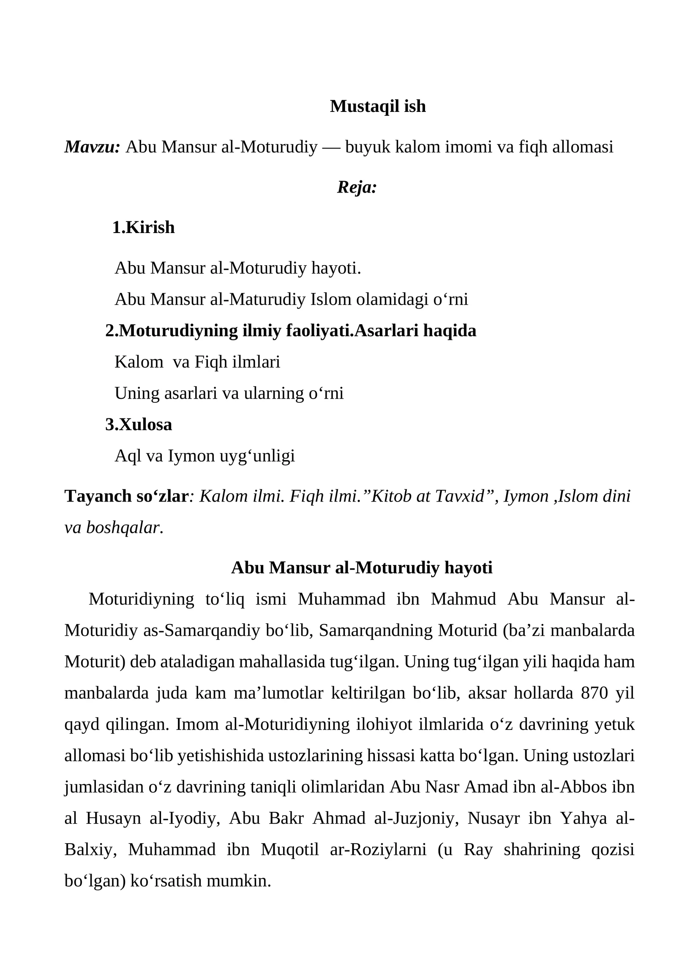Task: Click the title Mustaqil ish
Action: click(377, 106)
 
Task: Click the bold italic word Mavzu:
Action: click(93, 147)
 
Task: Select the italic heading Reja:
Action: click(357, 187)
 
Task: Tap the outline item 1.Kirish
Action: click(144, 228)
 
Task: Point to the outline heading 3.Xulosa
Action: click(139, 424)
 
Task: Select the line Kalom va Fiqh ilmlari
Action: click(197, 362)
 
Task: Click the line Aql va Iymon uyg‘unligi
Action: click(204, 456)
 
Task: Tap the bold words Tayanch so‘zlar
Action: click(126, 496)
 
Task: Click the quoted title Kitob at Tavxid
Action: click(426, 496)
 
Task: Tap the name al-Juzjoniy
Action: click(417, 818)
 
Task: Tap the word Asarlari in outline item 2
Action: click(385, 331)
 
